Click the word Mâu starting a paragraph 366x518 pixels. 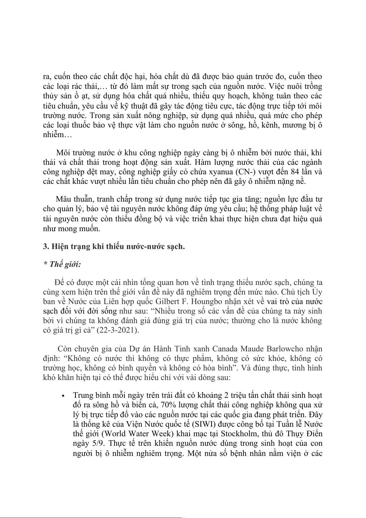tap(63, 199)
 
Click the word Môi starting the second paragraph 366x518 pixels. tap(64, 153)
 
